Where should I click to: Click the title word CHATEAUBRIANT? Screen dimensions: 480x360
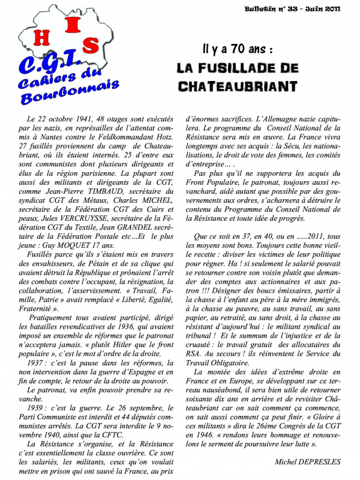(x=238, y=86)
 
